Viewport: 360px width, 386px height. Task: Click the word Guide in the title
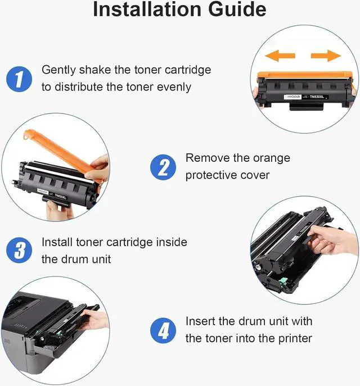[237, 10]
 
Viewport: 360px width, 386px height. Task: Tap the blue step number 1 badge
[19, 79]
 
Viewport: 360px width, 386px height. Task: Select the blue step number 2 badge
[163, 167]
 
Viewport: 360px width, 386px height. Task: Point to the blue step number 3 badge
[19, 250]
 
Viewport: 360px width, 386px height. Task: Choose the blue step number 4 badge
[163, 330]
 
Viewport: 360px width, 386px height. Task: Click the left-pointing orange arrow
[280, 56]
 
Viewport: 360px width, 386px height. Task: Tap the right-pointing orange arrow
[326, 56]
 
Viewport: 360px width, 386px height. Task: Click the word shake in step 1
[95, 70]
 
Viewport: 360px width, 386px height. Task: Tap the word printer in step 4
[295, 339]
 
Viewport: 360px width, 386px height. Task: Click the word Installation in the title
[147, 10]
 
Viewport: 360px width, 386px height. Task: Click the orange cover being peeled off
[62, 153]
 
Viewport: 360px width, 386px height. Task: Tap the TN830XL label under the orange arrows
[317, 97]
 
